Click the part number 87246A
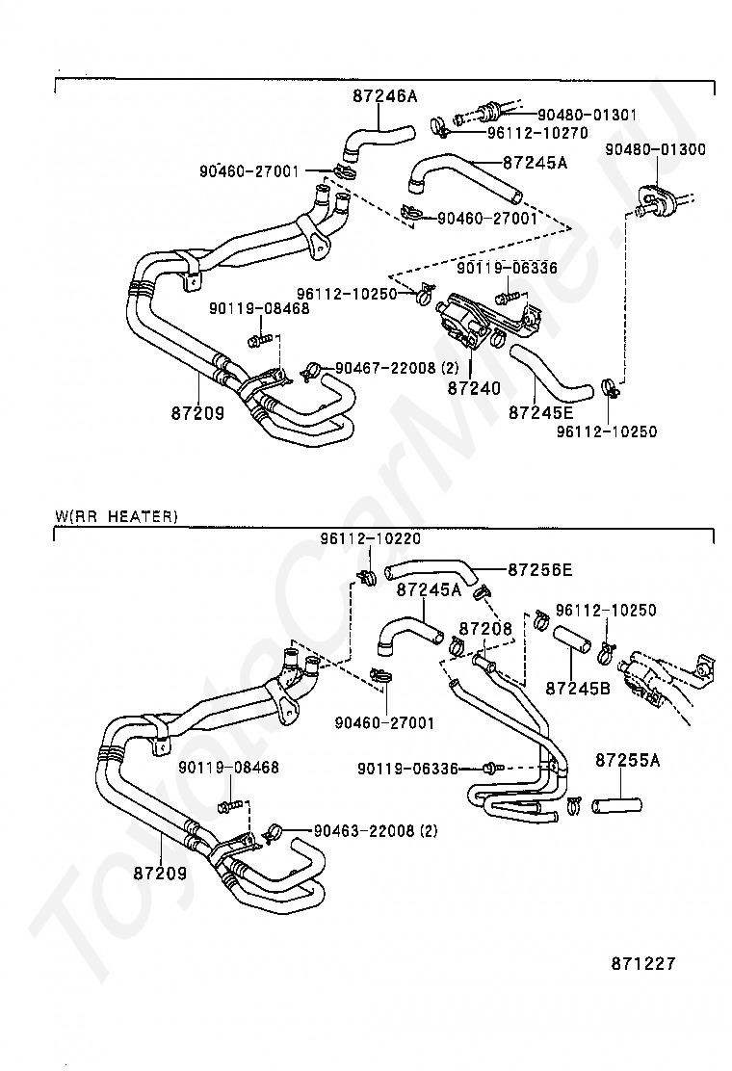click(x=384, y=96)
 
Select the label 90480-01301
click(x=587, y=115)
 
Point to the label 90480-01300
click(x=655, y=150)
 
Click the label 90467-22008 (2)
click(x=398, y=368)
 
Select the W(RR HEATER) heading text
click(x=117, y=516)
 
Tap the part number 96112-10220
click(x=370, y=539)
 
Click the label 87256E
click(x=539, y=570)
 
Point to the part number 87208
click(x=485, y=628)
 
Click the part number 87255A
click(x=627, y=761)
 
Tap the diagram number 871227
click(x=642, y=963)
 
